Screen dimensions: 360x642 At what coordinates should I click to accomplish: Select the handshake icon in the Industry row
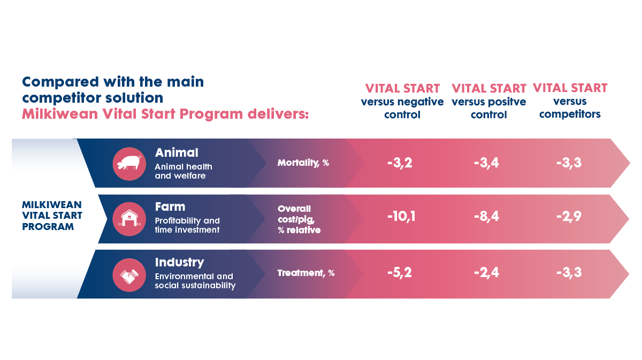click(x=129, y=275)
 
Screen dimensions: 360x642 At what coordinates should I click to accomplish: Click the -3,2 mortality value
click(x=400, y=162)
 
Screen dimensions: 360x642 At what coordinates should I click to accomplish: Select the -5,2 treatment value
click(x=400, y=273)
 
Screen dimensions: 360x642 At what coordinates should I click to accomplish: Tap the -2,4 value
click(x=486, y=273)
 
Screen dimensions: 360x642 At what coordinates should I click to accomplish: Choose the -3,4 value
click(x=486, y=162)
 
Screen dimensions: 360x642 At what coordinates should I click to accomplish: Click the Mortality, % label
click(x=303, y=163)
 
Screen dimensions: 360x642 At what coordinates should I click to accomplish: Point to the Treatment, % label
click(x=306, y=273)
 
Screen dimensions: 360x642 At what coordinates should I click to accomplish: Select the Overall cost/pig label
click(x=299, y=219)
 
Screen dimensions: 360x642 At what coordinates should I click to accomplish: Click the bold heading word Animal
click(x=177, y=152)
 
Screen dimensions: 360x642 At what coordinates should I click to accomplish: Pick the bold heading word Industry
click(x=179, y=262)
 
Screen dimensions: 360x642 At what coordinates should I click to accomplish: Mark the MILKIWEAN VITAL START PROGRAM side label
click(x=52, y=216)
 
